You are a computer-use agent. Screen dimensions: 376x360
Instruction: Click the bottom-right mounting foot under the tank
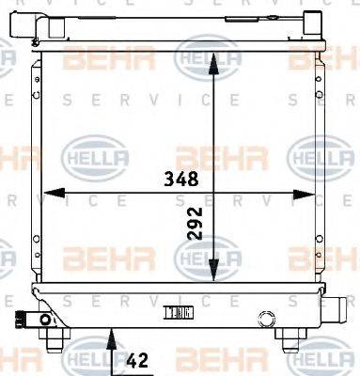(x=288, y=335)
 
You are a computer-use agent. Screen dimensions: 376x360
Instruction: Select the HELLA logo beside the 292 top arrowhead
(x=200, y=61)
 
